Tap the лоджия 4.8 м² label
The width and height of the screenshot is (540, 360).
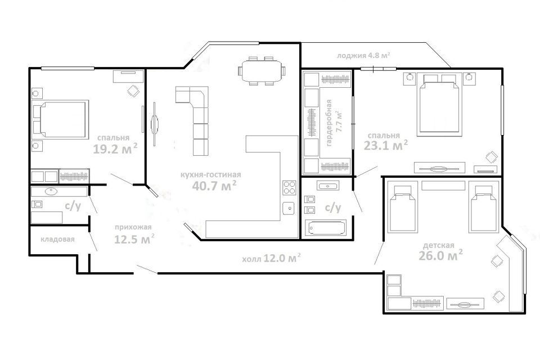[363, 55]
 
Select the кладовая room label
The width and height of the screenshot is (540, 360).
[57, 239]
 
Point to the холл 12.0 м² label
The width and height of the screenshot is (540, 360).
[271, 258]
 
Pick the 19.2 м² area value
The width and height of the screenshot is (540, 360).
[115, 149]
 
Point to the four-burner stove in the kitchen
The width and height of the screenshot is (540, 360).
[289, 187]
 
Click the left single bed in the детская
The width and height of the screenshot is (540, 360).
[402, 208]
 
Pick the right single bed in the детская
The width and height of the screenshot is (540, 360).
[484, 208]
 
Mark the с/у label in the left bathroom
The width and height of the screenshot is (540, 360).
[73, 206]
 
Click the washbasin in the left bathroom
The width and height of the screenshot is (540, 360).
[51, 191]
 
